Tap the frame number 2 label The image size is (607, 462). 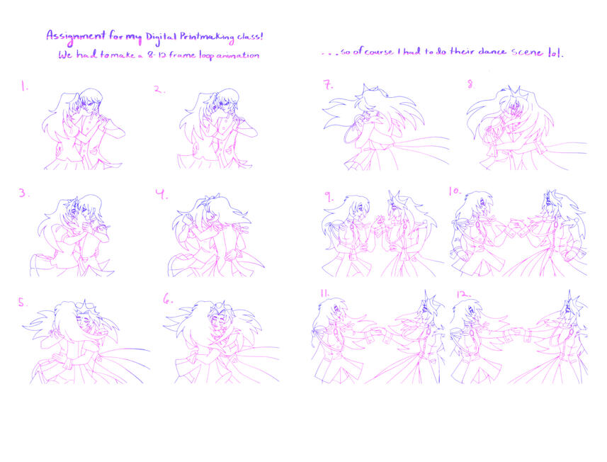coord(159,89)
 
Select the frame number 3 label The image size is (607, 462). coord(23,193)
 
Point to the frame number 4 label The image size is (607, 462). coord(161,194)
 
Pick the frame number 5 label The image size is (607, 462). coord(23,303)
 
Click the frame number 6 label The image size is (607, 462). coord(168,298)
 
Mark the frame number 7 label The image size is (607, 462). coord(328,85)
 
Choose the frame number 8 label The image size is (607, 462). coord(471,84)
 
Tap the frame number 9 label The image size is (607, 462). coord(329,198)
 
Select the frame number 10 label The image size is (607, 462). coord(455,191)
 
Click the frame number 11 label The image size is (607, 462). coord(324,293)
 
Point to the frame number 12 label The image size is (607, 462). coord(463,294)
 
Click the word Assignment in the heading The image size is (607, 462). coord(76,36)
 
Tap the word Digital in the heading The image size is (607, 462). coord(161,38)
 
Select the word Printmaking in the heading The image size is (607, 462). coord(207,38)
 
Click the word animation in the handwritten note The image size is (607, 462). coord(237,56)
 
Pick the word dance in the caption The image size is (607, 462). coord(492,52)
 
